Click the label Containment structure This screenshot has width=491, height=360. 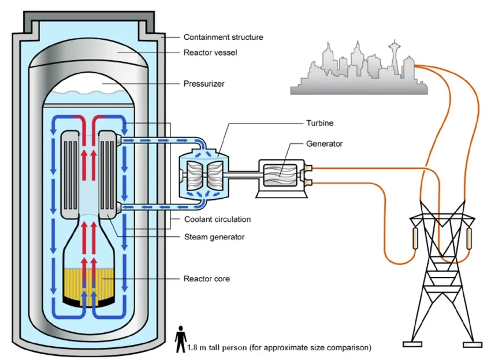click(x=223, y=37)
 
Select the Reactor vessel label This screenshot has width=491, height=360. click(x=210, y=53)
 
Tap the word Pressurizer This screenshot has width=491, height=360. click(x=204, y=84)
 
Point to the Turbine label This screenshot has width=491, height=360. click(x=319, y=123)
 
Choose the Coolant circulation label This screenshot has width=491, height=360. click(x=217, y=220)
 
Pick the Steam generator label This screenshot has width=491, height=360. click(x=214, y=236)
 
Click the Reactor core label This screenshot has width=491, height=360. click(x=206, y=279)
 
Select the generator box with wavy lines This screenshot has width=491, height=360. click(x=280, y=175)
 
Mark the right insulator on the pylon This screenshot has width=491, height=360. click(x=469, y=237)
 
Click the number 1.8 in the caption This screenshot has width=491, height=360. click(x=193, y=348)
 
